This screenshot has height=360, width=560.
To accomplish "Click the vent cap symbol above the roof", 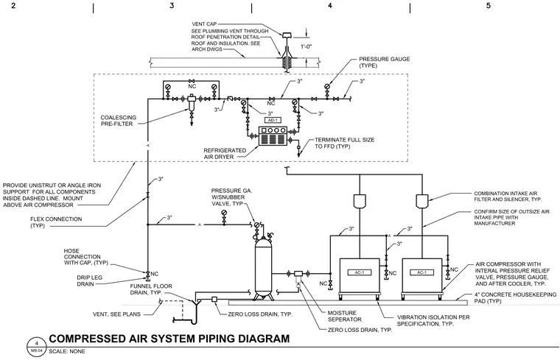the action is (287, 35).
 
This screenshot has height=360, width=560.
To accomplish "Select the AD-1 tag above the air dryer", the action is (273, 120).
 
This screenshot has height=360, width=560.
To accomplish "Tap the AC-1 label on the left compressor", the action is (360, 272).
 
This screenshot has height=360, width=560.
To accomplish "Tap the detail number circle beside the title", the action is (36, 347).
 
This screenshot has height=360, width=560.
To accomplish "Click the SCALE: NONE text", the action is (67, 351).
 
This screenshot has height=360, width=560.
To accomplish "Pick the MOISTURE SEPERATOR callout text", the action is (344, 316).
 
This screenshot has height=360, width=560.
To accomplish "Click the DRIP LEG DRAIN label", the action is (85, 280).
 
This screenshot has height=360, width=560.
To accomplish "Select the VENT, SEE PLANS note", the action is (116, 314).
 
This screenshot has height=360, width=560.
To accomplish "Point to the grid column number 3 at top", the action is (172, 6).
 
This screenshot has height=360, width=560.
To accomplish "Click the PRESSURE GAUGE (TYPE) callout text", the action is (385, 63).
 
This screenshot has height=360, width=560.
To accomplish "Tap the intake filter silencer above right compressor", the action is (422, 201).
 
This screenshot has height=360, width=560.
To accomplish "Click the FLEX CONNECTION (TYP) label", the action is (56, 222).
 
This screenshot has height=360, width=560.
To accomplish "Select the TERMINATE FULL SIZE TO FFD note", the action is (344, 143).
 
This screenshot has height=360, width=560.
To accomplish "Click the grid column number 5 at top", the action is (489, 6).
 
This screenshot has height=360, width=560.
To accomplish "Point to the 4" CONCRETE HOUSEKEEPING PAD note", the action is (515, 298).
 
